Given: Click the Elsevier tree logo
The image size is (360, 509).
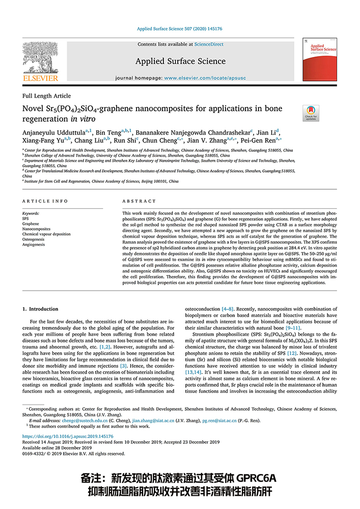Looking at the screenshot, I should click(40, 58).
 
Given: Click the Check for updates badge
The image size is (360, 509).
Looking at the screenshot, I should click(310, 113).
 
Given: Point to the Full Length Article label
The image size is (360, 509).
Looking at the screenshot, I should click(47, 96).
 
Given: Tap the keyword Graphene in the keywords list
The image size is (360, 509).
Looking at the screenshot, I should click(31, 224).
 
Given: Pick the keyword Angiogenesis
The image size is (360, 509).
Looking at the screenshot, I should click(34, 244).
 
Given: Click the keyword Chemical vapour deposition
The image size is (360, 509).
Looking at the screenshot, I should click(46, 234).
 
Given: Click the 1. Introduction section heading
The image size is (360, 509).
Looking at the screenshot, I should click(40, 309).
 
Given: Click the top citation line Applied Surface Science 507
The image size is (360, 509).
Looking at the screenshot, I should click(179, 29).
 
